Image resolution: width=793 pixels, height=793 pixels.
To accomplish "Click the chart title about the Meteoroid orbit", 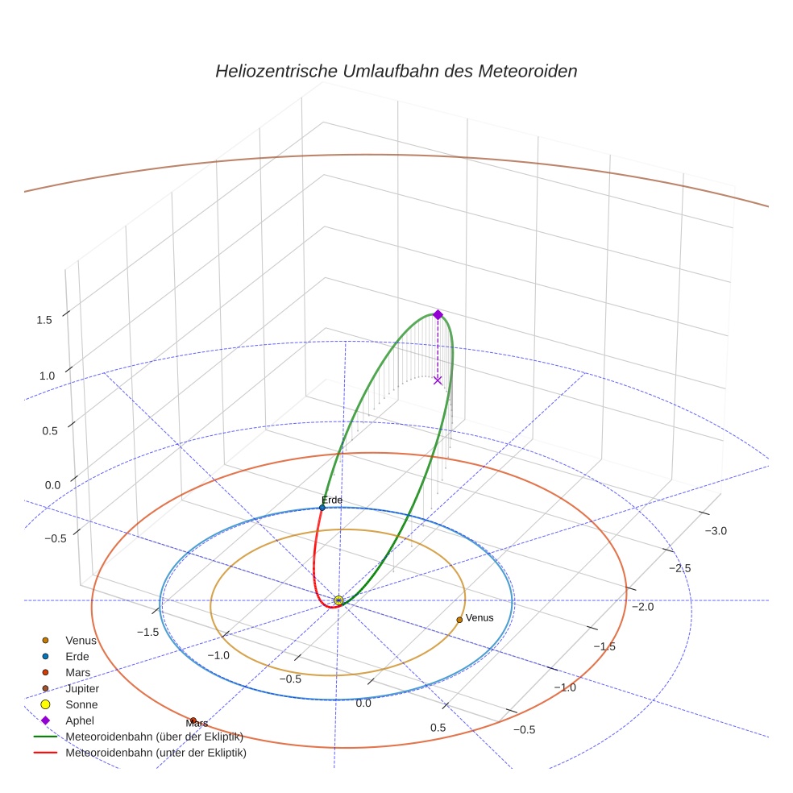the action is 396,71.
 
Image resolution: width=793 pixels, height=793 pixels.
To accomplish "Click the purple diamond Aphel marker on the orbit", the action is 438,314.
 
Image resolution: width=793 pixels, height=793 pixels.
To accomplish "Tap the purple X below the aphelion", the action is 438,380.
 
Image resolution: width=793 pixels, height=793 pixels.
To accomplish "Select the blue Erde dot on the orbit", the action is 322,508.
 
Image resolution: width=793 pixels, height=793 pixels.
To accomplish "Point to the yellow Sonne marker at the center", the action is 338,601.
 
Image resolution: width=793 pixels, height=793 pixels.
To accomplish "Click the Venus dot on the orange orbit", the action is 459,620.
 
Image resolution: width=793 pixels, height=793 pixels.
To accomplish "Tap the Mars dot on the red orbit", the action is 193,720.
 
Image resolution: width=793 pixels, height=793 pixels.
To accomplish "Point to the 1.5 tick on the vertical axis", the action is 44,320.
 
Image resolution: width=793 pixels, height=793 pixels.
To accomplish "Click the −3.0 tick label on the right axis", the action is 716,531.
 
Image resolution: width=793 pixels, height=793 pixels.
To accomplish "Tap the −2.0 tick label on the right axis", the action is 642,607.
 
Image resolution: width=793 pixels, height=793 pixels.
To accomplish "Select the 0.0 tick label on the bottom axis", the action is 363,704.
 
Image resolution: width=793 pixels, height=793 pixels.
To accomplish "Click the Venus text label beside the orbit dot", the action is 480,618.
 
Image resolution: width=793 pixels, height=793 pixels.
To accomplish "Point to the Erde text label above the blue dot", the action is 332,500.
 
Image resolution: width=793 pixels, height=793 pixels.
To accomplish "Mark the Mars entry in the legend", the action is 78,673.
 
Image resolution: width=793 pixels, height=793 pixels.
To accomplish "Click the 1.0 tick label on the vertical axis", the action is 47,376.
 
